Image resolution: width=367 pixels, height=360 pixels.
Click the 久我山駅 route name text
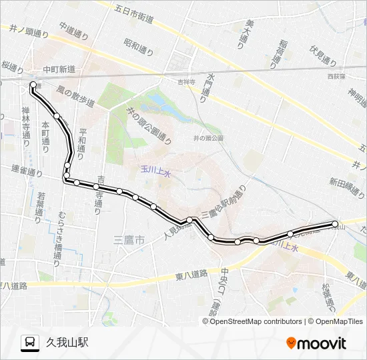[x=67, y=343]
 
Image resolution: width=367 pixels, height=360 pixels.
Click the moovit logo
[x=316, y=343]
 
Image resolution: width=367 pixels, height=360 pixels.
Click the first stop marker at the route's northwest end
[x=33, y=85]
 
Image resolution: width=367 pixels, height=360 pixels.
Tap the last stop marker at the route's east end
[x=335, y=224]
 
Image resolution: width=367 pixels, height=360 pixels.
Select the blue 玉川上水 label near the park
[x=156, y=172]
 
